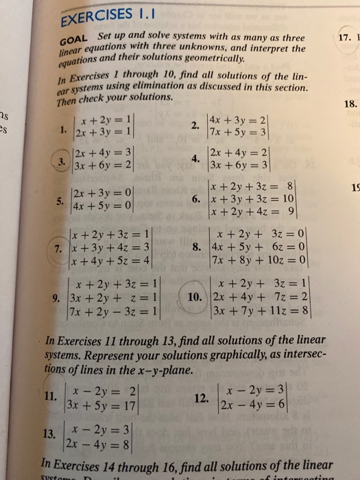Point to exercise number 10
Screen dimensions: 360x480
click(194, 297)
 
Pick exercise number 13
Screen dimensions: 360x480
click(49, 433)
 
